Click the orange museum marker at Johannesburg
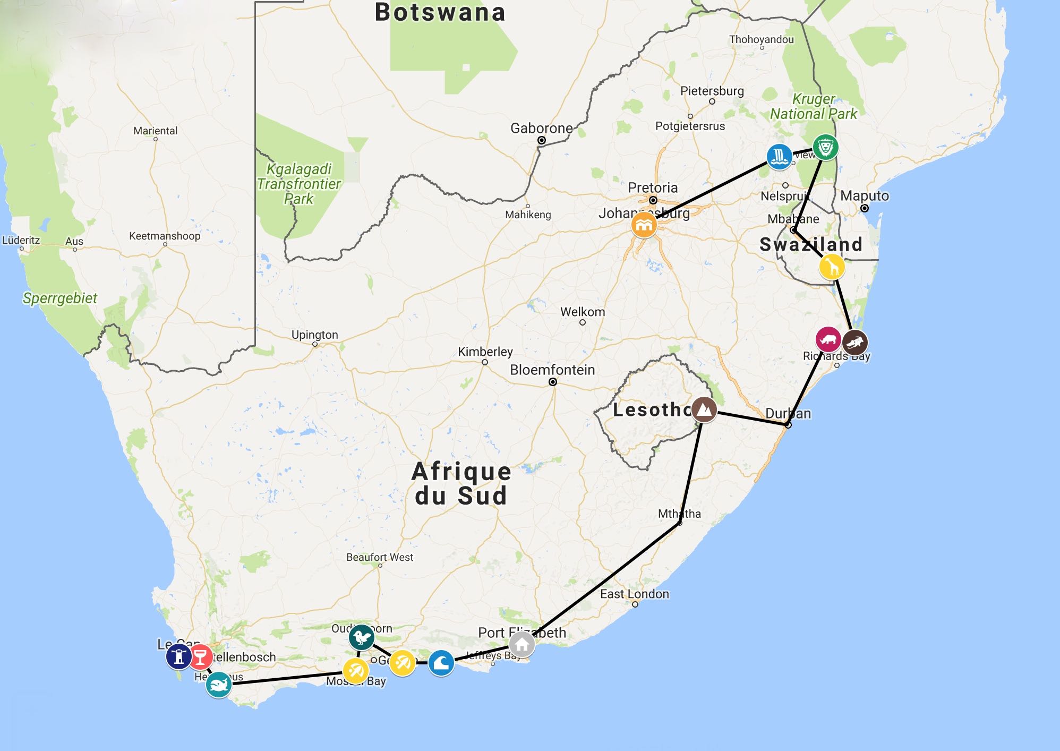point(644,225)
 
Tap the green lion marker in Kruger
point(825,147)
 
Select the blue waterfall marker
point(779,157)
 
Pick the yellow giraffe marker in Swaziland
point(832,267)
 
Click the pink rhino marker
point(828,339)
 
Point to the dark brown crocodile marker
point(854,343)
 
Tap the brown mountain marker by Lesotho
point(704,409)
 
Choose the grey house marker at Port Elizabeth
point(522,644)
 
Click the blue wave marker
point(441,663)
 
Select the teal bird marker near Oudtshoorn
point(362,637)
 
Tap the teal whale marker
point(218,685)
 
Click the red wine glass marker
point(200,657)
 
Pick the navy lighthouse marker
point(179,656)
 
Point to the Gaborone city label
point(541,129)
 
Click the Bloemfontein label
point(552,370)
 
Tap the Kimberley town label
point(485,352)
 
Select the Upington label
point(314,335)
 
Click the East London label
point(635,594)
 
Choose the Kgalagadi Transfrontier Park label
point(299,184)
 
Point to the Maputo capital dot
point(865,208)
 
